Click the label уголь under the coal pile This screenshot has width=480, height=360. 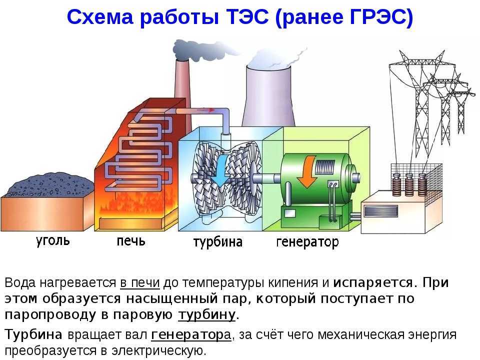click(x=52, y=241)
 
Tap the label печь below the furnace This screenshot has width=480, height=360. click(x=131, y=241)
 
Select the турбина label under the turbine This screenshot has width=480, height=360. click(x=218, y=242)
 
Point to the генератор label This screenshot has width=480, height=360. click(x=307, y=242)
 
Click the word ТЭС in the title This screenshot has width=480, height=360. click(x=247, y=17)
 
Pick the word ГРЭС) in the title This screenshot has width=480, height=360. click(x=381, y=17)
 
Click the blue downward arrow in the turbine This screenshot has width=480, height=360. click(x=220, y=169)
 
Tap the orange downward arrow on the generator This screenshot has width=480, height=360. click(x=306, y=171)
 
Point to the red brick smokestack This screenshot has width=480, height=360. click(x=181, y=79)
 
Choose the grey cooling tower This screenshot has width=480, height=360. click(x=268, y=95)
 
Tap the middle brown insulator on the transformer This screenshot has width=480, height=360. click(x=409, y=184)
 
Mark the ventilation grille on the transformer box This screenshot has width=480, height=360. click(x=381, y=211)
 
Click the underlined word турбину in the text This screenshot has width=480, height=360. click(x=207, y=315)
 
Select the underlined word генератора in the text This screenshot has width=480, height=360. click(x=191, y=335)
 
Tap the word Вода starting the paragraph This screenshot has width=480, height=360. click(x=20, y=283)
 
